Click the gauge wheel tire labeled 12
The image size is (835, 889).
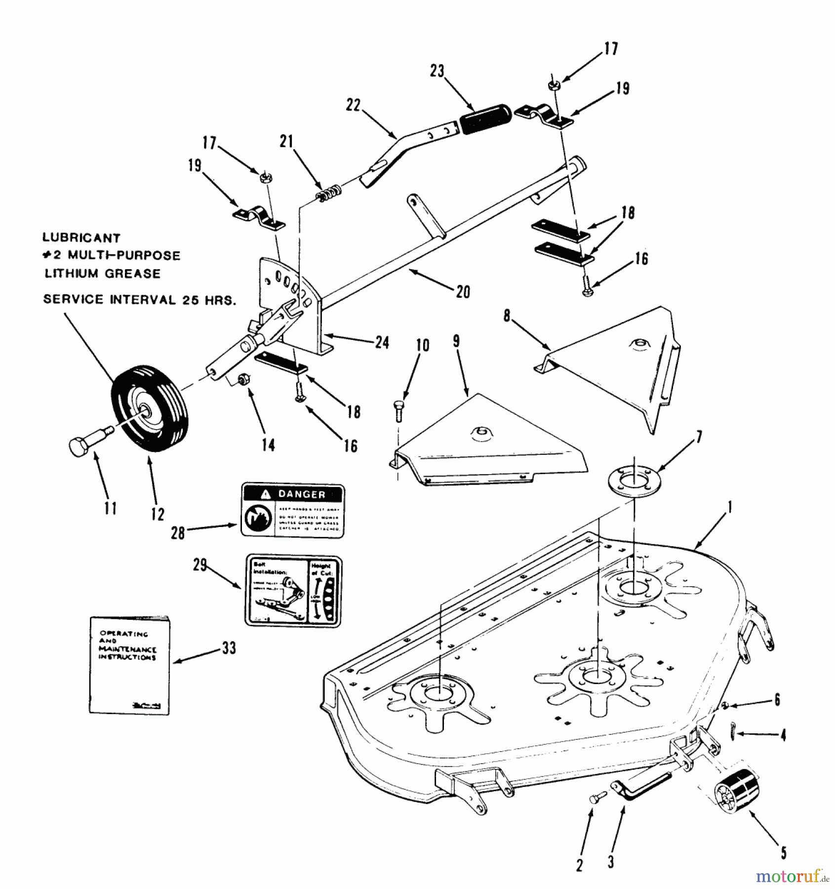150,409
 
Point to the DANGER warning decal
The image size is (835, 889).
292,511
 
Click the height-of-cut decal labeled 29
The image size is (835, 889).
293,591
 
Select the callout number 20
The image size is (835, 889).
463,292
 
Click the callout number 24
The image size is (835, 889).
382,343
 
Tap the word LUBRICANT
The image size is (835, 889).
81,238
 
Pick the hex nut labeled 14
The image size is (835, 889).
243,380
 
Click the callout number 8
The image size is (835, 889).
507,316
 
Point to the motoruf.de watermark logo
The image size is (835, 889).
793,876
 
